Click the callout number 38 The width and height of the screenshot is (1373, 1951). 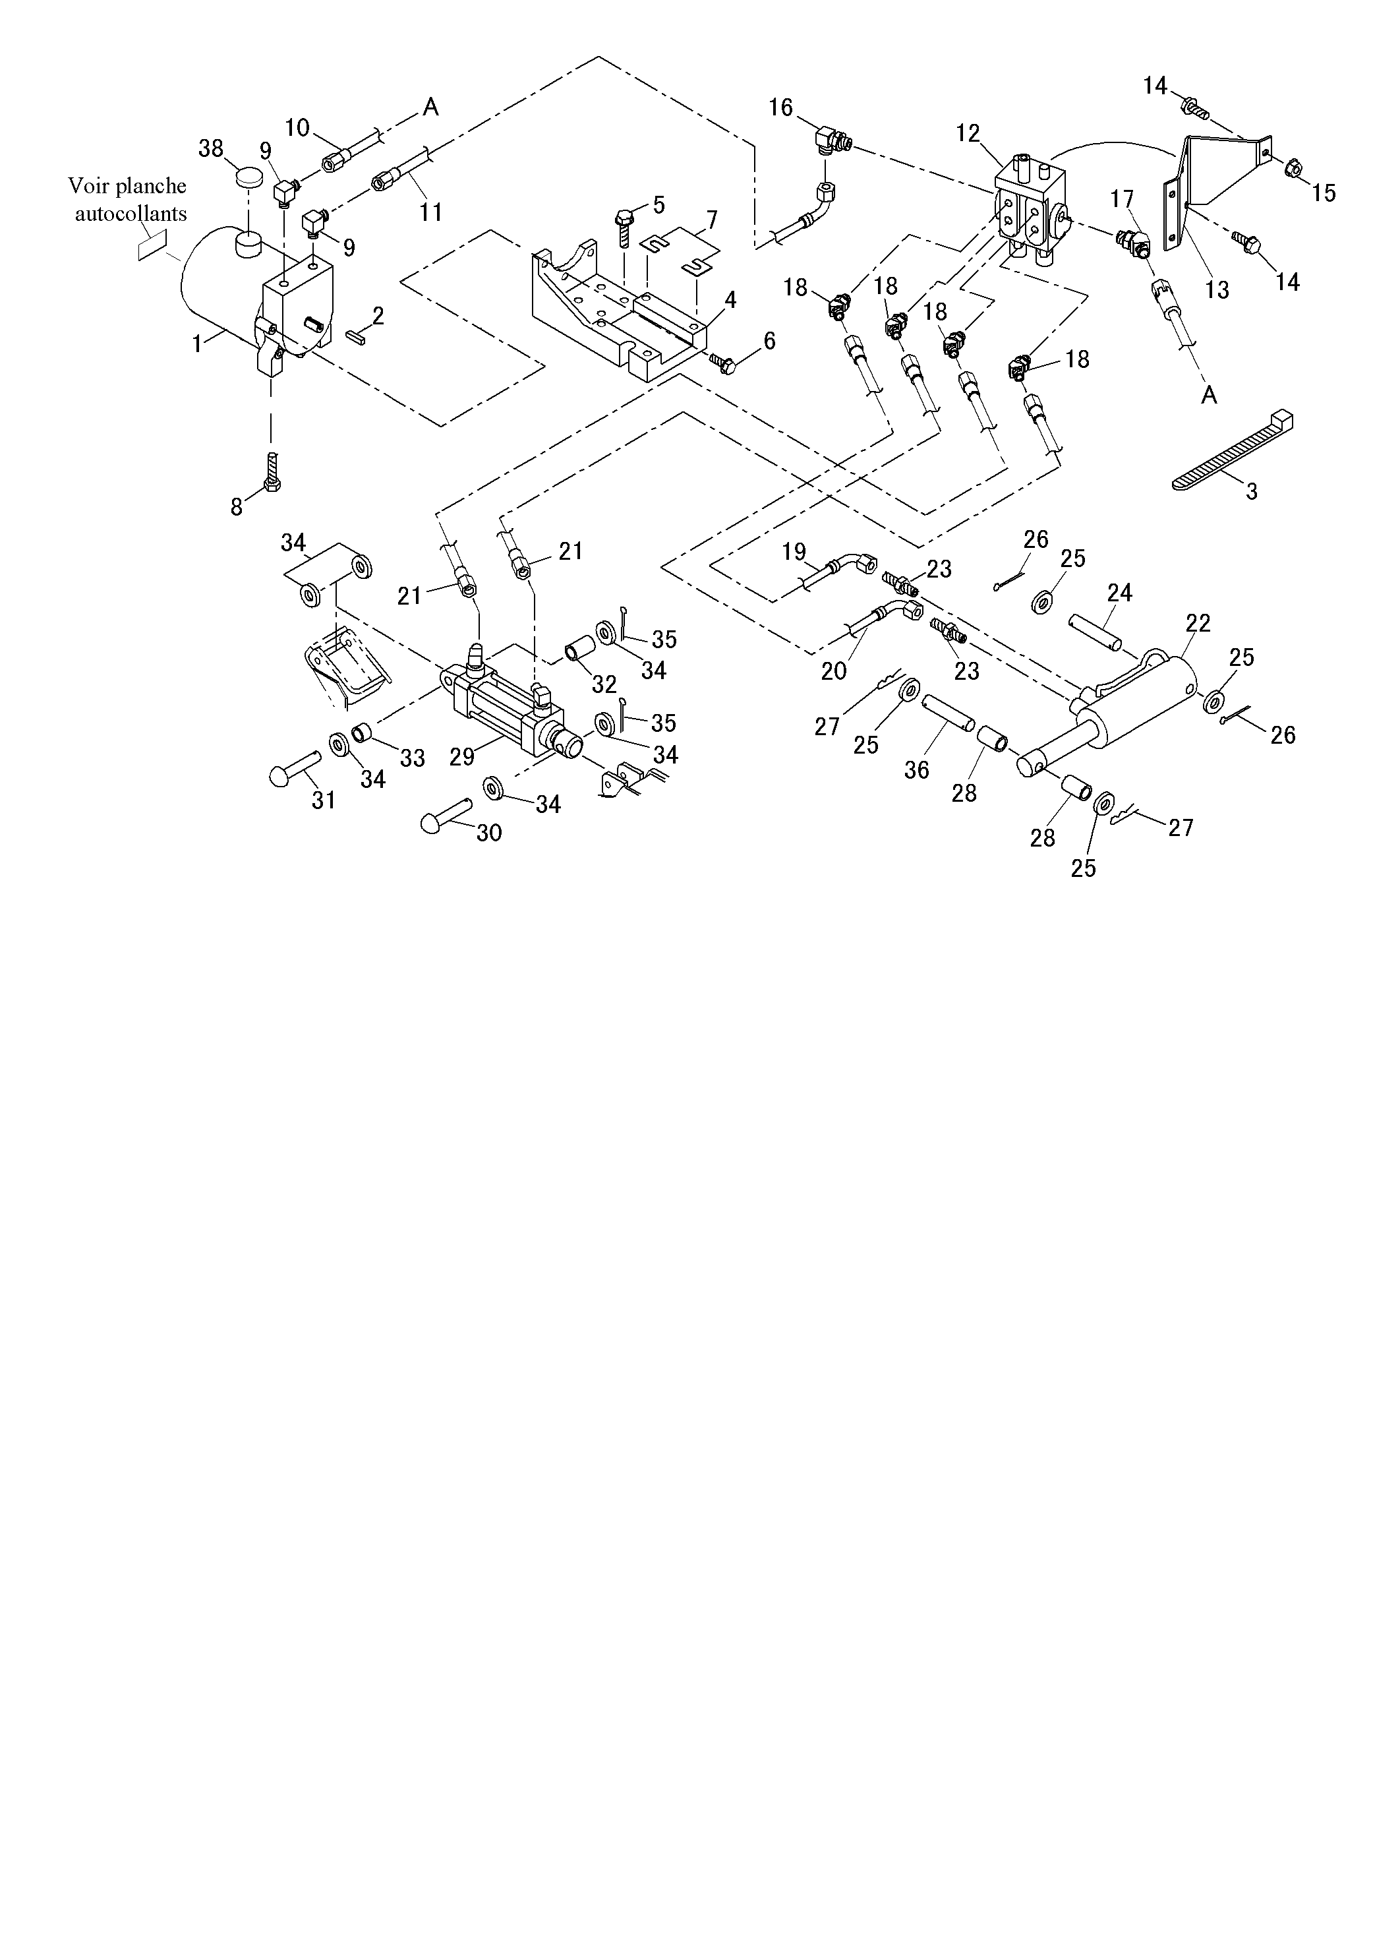(x=211, y=149)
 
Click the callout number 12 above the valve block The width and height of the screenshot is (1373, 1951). (x=968, y=133)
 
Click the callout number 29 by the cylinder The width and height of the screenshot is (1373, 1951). (x=462, y=756)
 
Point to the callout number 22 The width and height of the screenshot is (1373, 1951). (x=1198, y=623)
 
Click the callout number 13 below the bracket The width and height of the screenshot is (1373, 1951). (x=1217, y=289)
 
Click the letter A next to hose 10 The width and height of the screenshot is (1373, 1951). (x=431, y=107)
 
